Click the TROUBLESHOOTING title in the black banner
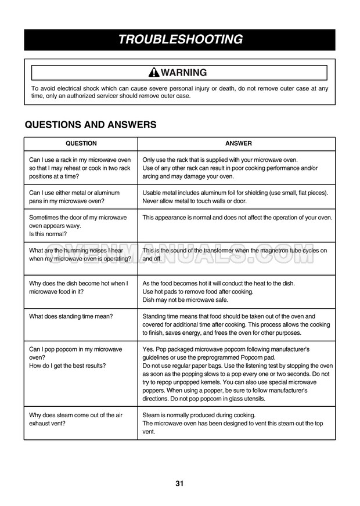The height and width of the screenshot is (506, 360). [x=180, y=39]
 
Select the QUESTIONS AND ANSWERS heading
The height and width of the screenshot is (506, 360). [x=90, y=125]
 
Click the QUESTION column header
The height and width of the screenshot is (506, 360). [x=81, y=143]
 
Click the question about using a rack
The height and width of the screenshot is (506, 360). [x=80, y=168]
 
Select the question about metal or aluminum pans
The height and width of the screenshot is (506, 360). [x=74, y=197]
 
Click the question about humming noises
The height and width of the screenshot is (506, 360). [x=80, y=255]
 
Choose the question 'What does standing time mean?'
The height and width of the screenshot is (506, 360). [x=71, y=316]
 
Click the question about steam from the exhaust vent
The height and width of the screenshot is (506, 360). [x=76, y=419]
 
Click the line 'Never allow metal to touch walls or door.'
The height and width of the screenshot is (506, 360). [x=195, y=201]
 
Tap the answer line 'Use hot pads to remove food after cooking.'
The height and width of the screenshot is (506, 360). [x=198, y=291]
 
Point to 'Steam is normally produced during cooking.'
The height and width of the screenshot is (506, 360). [x=199, y=415]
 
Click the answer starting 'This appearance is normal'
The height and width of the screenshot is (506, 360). [x=237, y=218]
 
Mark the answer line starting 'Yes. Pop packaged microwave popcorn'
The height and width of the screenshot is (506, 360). [x=226, y=349]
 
